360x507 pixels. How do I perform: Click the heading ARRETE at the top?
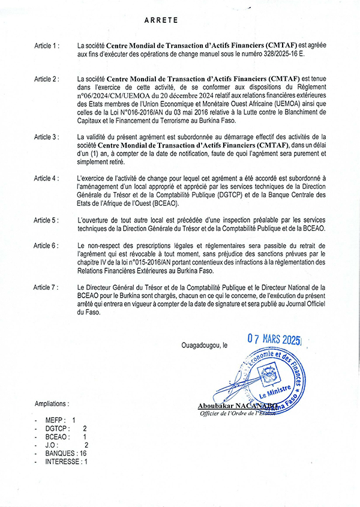pos(161,20)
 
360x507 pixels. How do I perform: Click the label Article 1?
pos(47,44)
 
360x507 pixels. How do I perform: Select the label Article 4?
pos(47,179)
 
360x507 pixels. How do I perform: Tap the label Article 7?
pos(47,288)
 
